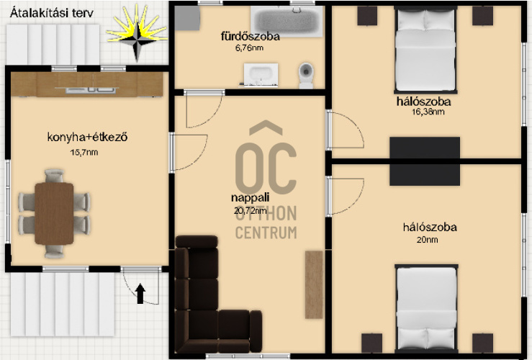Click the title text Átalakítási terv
52,13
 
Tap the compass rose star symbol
137,33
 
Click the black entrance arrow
140,294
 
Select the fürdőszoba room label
251,36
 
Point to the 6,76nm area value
249,48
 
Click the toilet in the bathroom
306,76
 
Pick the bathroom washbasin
261,74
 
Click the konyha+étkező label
87,138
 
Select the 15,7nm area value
84,153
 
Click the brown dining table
54,213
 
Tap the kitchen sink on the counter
88,89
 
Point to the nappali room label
250,197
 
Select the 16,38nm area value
428,112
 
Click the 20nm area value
427,240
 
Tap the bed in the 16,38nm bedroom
425,50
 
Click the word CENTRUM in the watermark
266,233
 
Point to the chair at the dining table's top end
54,176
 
